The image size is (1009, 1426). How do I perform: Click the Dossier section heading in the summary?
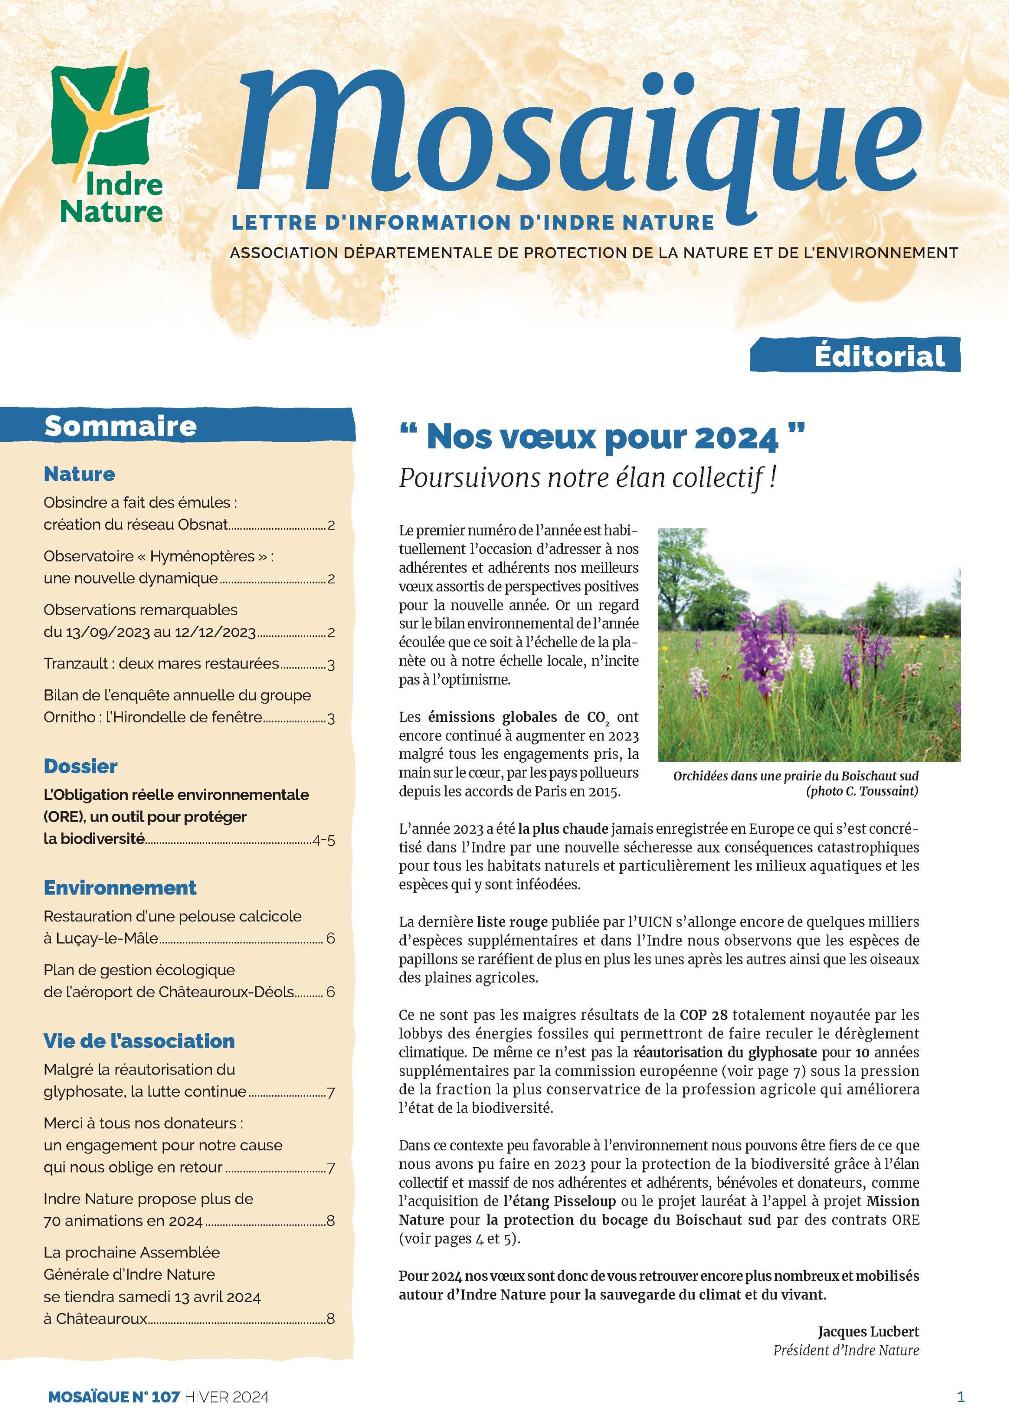click(80, 766)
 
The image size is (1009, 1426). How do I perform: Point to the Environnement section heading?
click(120, 888)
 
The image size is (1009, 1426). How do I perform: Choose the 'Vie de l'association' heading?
click(139, 1041)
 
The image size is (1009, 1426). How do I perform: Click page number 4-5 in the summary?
click(324, 841)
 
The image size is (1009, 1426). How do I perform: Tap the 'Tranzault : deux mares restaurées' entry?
click(161, 663)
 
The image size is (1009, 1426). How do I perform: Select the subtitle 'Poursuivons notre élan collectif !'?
click(587, 478)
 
